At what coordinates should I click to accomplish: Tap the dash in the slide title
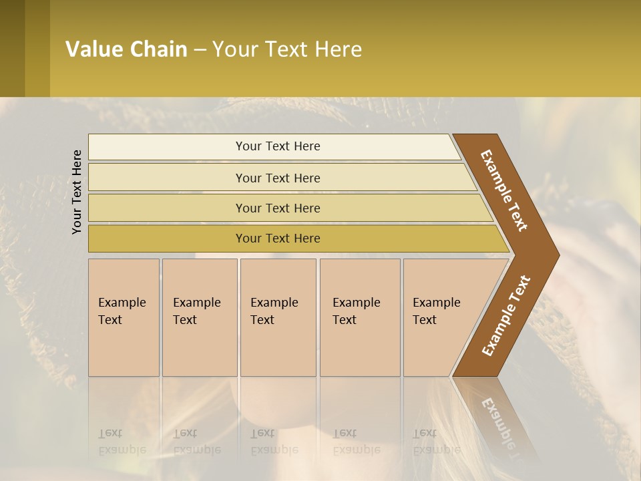(200, 50)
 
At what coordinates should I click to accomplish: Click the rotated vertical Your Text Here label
(77, 192)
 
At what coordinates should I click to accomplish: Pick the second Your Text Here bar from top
(277, 178)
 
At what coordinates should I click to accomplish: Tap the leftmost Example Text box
(124, 317)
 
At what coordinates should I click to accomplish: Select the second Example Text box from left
(199, 317)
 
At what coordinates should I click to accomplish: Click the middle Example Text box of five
(278, 317)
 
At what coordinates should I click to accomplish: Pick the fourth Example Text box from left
(359, 317)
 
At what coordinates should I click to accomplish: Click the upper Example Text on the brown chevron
(505, 190)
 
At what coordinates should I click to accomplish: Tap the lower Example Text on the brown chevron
(506, 315)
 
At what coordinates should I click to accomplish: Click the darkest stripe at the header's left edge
(12, 48)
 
